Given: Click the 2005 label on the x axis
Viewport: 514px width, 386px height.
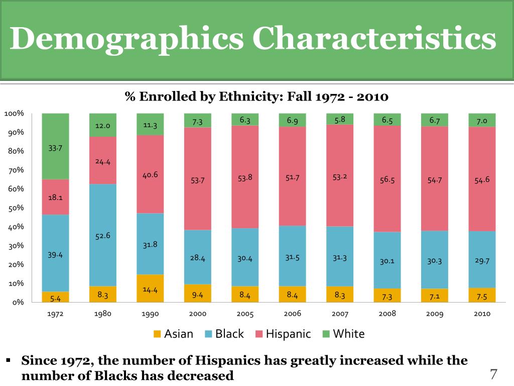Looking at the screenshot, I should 245,314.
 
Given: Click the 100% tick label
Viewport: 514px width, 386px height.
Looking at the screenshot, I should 14,114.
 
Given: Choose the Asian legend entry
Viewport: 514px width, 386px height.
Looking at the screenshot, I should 173,334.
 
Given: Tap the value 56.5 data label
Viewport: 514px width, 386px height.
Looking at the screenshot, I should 388,180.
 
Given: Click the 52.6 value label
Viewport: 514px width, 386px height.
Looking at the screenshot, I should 102,236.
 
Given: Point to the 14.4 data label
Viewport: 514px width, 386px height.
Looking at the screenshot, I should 150,289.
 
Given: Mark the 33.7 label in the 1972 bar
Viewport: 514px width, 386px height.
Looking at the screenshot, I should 55,148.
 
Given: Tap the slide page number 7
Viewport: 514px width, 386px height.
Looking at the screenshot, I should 493,374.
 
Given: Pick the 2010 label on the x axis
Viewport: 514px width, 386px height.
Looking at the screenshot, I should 482,314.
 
